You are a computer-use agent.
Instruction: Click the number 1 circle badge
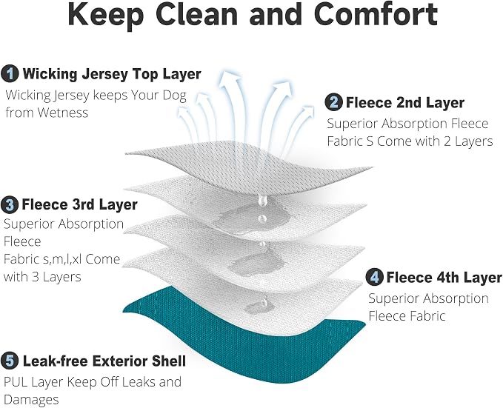(10, 74)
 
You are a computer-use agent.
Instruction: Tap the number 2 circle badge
(333, 102)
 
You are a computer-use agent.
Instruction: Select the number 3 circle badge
(10, 204)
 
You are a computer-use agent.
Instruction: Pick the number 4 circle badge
(374, 277)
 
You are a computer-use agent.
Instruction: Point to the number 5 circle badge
(10, 361)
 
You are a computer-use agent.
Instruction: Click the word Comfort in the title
(376, 14)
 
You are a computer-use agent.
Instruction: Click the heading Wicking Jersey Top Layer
(112, 74)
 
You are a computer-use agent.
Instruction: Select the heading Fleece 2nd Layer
(404, 103)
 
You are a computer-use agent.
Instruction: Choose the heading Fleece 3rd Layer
(79, 204)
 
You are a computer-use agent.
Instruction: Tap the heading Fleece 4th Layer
(444, 277)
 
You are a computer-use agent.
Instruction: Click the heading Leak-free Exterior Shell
(104, 361)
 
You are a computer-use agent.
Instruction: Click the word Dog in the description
(174, 96)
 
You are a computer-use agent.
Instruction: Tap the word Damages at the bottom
(31, 400)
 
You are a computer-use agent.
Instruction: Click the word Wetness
(62, 113)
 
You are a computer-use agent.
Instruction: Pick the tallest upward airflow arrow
(231, 106)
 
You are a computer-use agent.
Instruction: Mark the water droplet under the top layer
(263, 200)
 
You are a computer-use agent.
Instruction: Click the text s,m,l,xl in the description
(62, 259)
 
